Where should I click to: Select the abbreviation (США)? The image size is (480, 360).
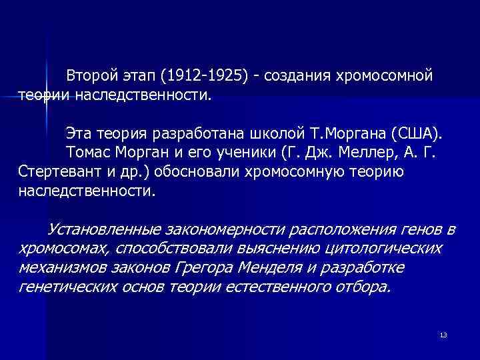pyautogui.click(x=418, y=130)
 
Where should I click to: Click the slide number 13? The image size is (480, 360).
pyautogui.click(x=443, y=335)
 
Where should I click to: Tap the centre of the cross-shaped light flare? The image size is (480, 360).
pyautogui.click(x=47, y=97)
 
